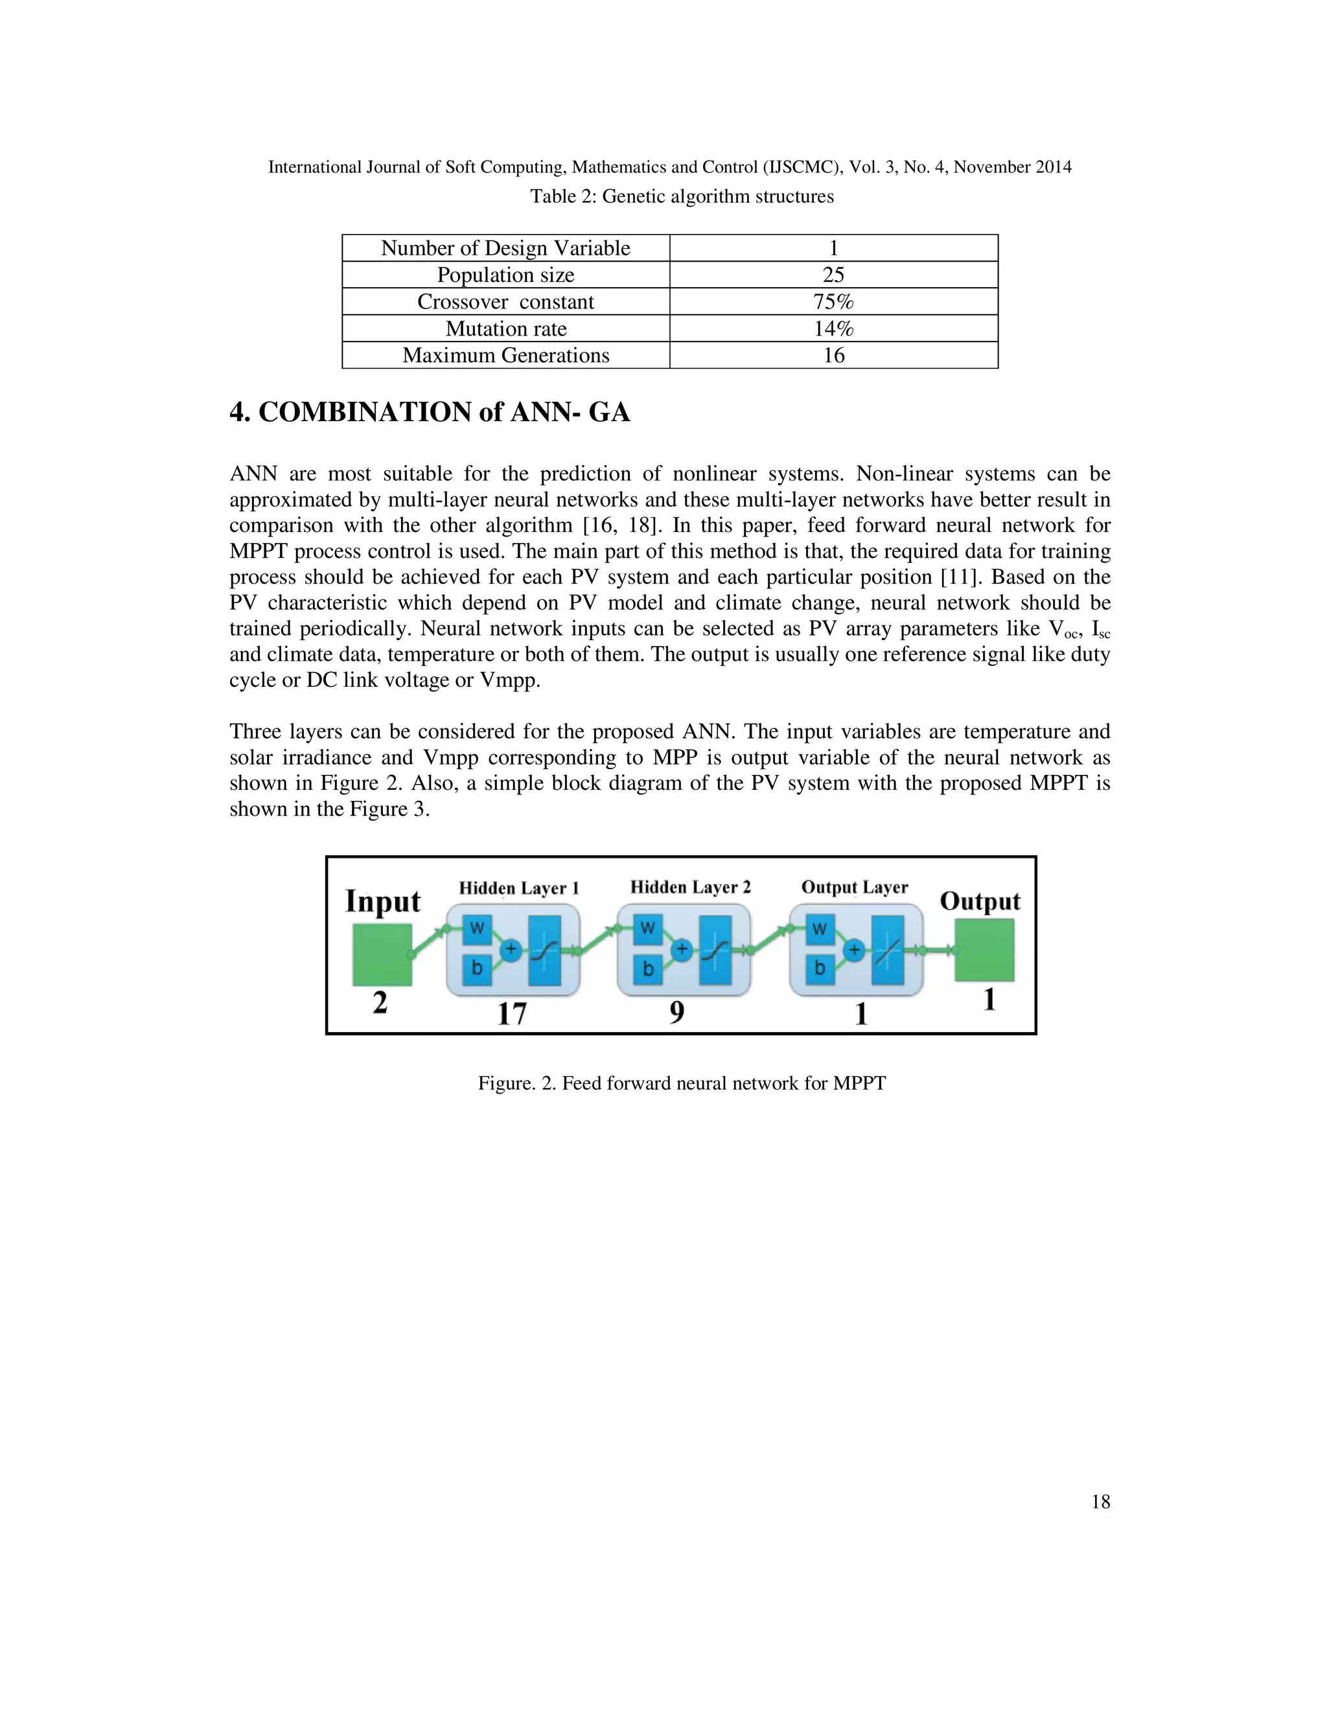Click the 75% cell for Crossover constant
point(833,302)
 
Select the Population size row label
point(505,275)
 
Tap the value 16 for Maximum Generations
point(833,355)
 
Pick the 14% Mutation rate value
point(833,328)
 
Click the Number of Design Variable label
point(505,248)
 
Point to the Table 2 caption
point(682,196)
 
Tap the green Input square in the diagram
point(382,954)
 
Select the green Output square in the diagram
point(984,951)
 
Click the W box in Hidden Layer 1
point(476,928)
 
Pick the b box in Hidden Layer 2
point(648,969)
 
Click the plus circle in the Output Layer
point(854,951)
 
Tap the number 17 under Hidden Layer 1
point(512,1013)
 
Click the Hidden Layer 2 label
point(690,888)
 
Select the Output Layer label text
point(855,888)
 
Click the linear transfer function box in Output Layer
point(887,951)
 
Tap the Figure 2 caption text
point(682,1083)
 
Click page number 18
point(1101,1503)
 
